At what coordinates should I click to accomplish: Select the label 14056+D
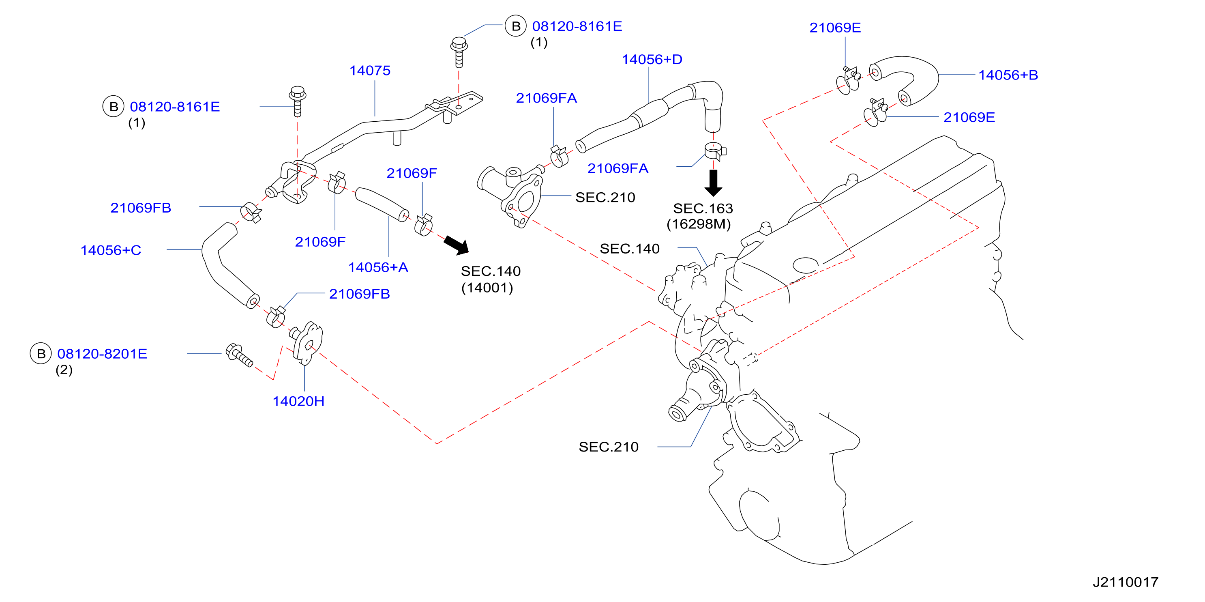pos(652,60)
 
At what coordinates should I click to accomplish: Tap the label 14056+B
pos(1008,75)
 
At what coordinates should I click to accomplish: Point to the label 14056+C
pos(111,250)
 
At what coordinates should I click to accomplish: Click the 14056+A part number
pos(378,267)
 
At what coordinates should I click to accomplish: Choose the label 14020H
pos(298,401)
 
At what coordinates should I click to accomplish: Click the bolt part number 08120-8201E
pos(102,353)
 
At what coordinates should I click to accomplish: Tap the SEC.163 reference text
pos(703,209)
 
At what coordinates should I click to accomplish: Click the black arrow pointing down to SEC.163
pos(713,183)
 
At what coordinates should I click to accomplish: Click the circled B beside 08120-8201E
pos(41,353)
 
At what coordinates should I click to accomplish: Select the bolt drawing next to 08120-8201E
pos(239,355)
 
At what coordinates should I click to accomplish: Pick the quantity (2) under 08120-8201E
pos(64,370)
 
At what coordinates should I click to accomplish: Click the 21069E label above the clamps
pos(835,28)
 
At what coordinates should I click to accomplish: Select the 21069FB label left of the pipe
pos(141,208)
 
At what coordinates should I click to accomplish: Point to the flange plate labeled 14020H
pos(307,343)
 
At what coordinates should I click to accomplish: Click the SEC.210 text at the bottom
pos(609,447)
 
